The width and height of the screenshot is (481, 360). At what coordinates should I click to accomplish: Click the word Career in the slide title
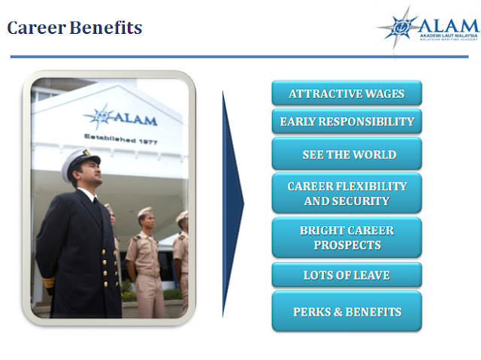point(36,28)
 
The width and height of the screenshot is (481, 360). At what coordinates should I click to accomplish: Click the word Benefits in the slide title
point(106,27)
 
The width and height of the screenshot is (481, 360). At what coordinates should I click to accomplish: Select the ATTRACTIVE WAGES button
point(346,93)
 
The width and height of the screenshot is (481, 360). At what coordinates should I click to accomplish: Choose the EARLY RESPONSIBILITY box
point(346,121)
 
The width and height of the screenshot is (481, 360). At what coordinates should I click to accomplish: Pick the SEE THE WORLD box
point(346,153)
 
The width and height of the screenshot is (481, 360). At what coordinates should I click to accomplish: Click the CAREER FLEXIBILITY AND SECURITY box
point(346,193)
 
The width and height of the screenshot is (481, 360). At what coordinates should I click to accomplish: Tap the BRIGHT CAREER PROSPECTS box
point(346,237)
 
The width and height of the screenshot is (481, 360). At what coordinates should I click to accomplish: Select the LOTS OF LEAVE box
point(346,275)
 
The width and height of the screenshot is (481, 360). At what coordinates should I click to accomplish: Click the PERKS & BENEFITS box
point(346,311)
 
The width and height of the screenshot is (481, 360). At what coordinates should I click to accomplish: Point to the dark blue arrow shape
point(232,204)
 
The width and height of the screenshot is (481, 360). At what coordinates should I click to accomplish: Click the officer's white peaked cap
point(80,162)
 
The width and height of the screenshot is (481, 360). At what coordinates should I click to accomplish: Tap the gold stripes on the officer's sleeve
point(48,282)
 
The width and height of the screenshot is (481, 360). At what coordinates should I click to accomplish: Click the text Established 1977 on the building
point(121,139)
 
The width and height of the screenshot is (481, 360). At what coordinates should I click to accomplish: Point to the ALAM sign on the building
point(120,116)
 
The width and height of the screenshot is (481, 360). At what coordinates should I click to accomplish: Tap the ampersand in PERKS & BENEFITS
point(337,312)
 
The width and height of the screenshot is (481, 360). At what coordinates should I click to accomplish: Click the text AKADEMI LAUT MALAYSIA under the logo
point(449,36)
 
